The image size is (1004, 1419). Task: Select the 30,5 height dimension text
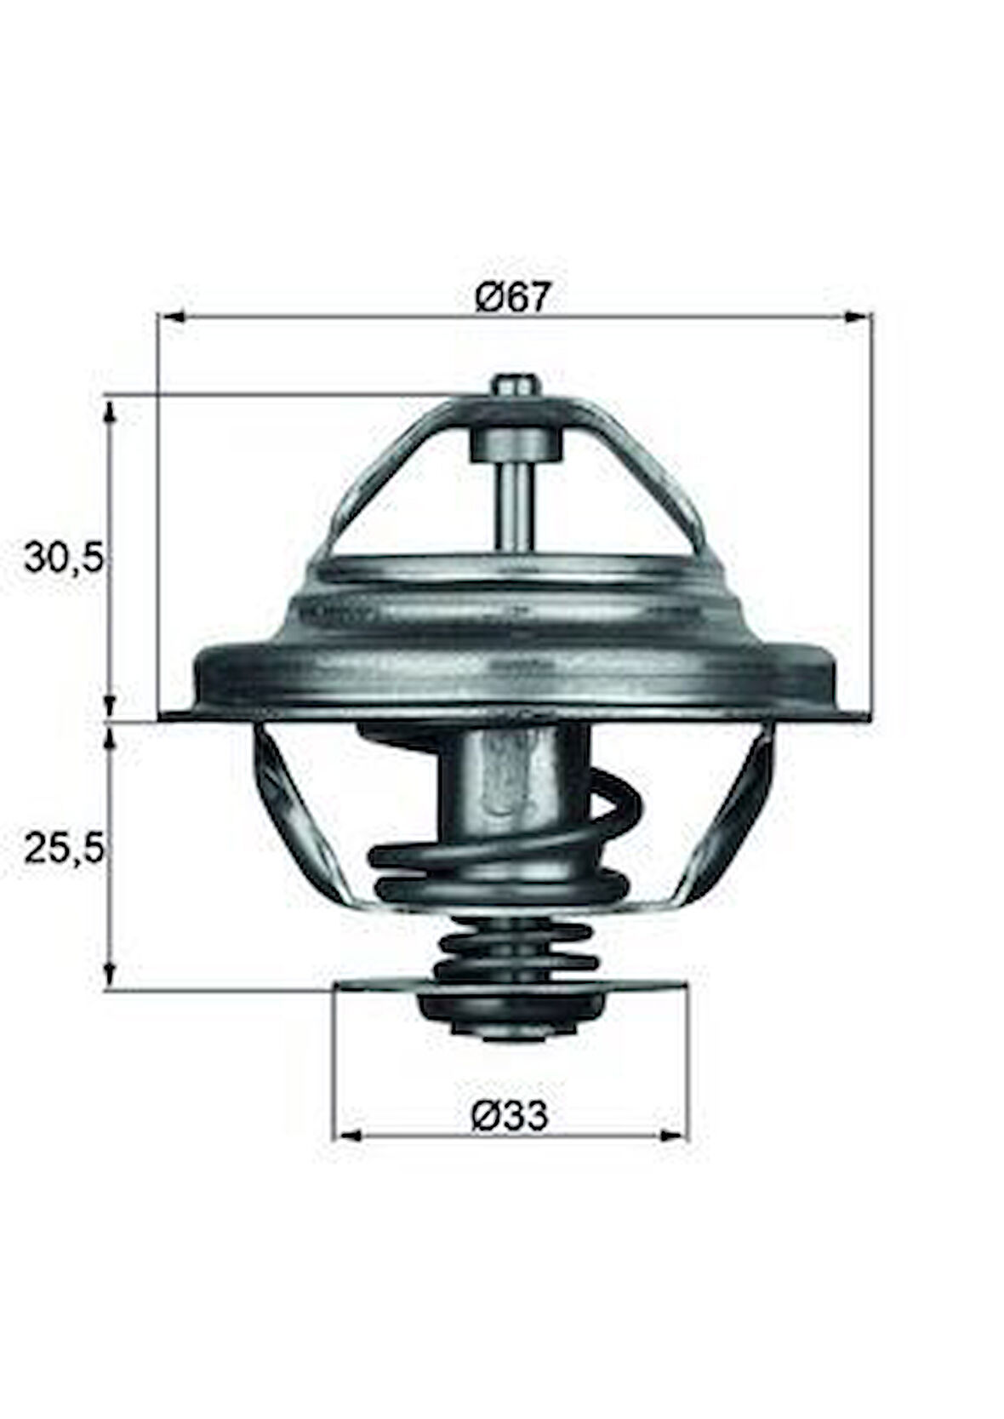(65, 559)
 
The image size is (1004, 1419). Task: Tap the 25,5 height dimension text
(65, 849)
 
